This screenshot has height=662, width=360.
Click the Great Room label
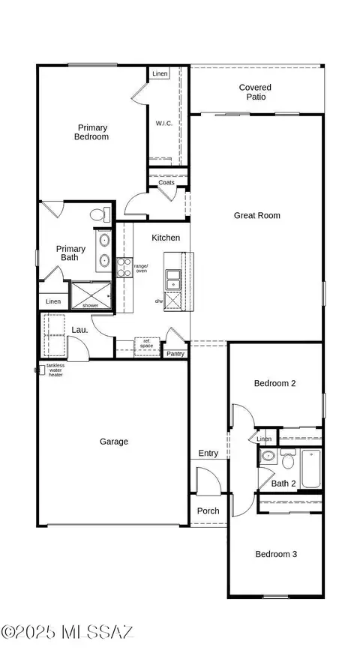click(257, 215)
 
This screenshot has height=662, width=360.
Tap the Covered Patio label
click(255, 92)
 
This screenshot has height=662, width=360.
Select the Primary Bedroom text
click(91, 132)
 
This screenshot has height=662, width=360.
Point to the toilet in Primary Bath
click(100, 214)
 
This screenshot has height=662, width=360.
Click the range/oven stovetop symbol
click(124, 268)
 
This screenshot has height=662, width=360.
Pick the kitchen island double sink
click(172, 280)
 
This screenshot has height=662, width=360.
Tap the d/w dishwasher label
click(159, 301)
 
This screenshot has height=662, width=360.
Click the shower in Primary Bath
click(91, 295)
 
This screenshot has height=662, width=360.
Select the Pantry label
click(175, 354)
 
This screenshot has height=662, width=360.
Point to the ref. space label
click(147, 343)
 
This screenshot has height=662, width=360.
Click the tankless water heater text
click(55, 370)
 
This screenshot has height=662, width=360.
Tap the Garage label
click(114, 442)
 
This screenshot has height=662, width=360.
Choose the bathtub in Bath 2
click(311, 469)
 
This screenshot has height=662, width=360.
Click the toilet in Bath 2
click(288, 459)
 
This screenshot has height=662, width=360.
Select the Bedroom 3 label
click(276, 554)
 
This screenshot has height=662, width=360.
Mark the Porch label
click(208, 511)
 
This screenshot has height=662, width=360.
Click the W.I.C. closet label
click(164, 123)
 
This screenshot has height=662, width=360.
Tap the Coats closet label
click(166, 182)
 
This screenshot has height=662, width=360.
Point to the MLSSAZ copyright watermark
click(67, 631)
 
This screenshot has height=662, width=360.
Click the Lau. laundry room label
click(79, 330)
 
